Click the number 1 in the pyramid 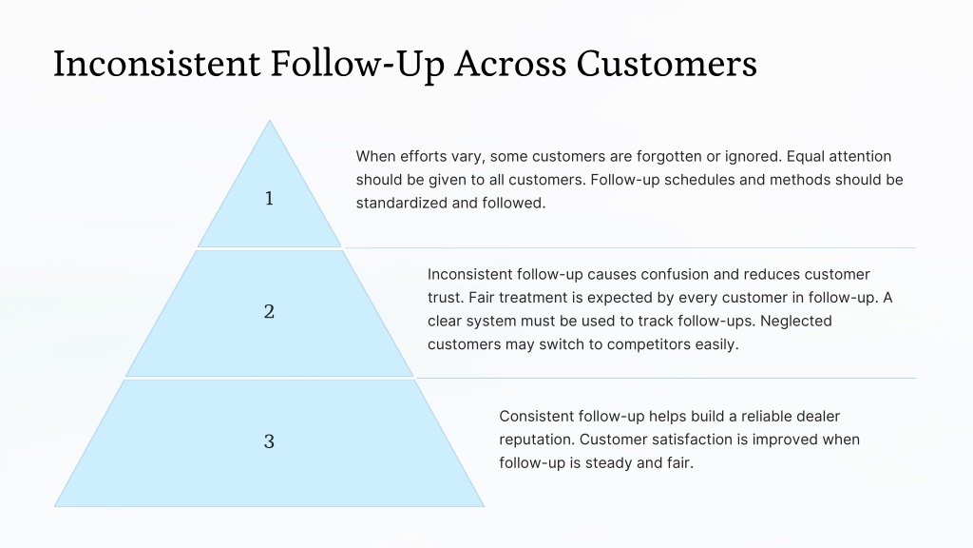pos(269,198)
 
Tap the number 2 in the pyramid pos(269,311)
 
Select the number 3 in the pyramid pos(269,441)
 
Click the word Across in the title pos(510,64)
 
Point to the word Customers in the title pos(666,64)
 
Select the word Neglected pos(796,322)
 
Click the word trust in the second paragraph pos(446,298)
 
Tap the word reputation pos(538,440)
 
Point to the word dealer pos(818,417)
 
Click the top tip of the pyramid pos(269,120)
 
